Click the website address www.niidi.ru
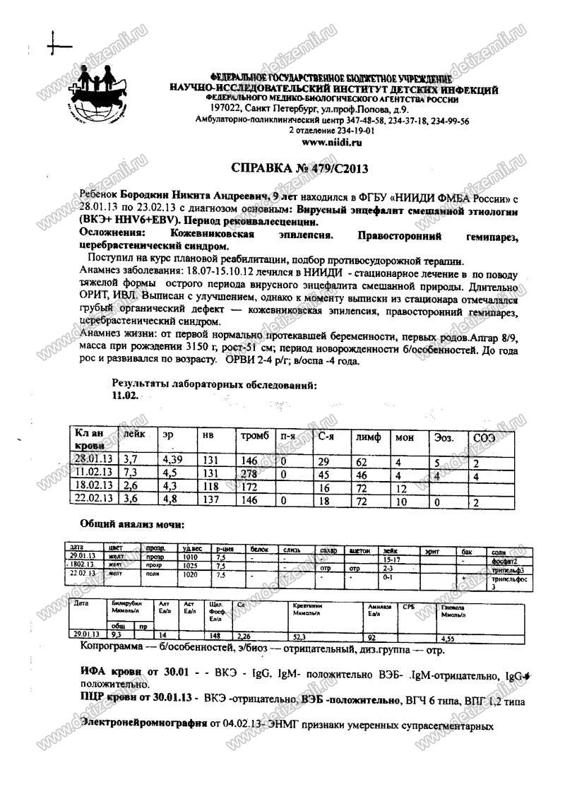(331, 142)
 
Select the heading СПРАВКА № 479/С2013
(300, 169)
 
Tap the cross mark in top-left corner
(59, 46)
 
